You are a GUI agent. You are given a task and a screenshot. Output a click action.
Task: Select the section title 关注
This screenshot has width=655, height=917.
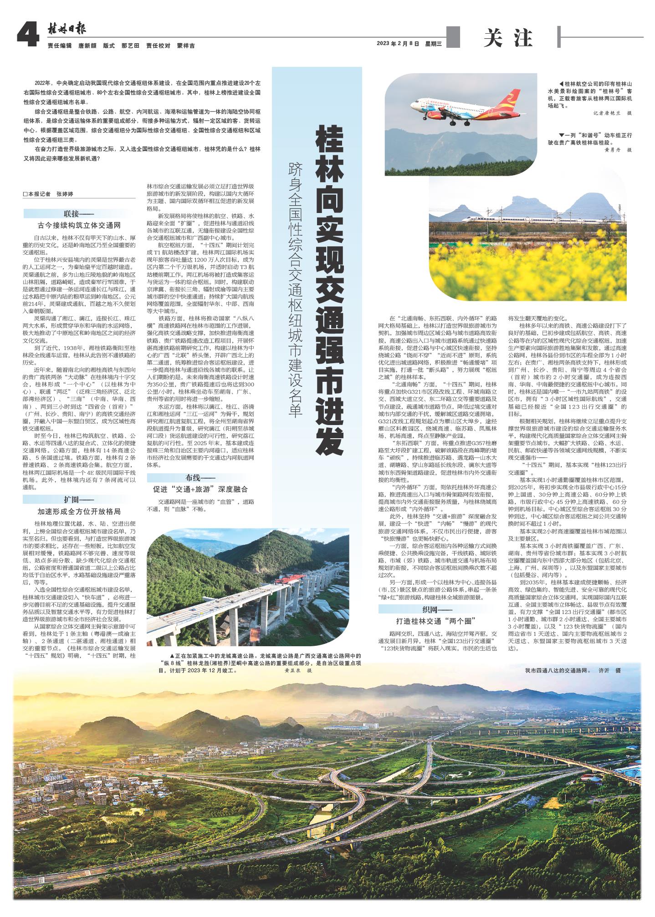tap(508, 39)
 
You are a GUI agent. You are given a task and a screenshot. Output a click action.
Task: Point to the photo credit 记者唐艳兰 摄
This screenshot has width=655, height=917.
tap(613, 113)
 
